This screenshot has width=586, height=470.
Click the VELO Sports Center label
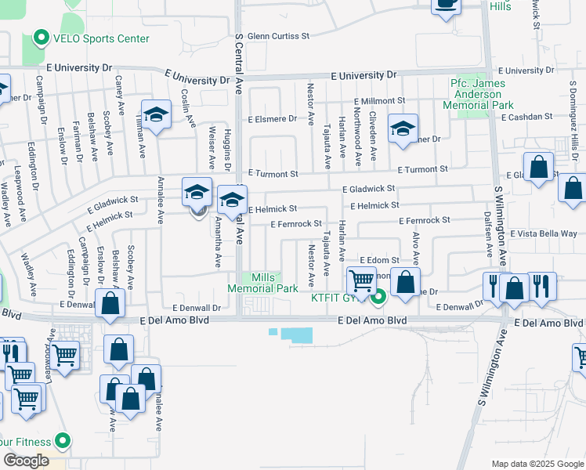point(101,38)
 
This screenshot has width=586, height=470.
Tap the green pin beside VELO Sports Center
point(41,38)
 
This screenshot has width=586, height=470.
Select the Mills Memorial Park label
point(262,283)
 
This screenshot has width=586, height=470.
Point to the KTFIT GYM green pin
point(379,296)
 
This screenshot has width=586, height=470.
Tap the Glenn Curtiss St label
point(278,36)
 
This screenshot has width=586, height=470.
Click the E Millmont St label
point(379,101)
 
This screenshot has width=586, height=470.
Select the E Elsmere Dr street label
point(273,120)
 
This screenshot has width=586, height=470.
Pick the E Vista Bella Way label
point(543,233)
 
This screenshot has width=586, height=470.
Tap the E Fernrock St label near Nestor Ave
point(296,224)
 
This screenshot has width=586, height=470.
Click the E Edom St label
point(380,260)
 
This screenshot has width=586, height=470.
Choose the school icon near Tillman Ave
point(156,115)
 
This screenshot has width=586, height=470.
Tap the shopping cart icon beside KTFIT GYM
point(361,280)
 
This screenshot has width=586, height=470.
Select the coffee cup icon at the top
point(446,4)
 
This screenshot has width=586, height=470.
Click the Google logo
point(26,461)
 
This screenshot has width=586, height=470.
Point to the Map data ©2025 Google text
point(537,464)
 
